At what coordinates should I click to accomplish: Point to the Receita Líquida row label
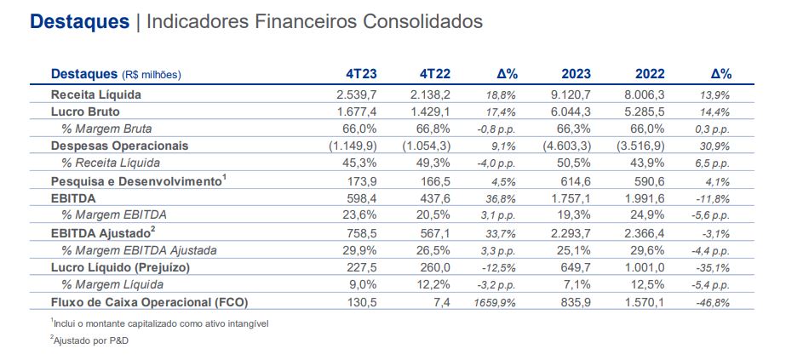tap(95, 94)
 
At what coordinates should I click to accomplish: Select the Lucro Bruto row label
tap(85, 111)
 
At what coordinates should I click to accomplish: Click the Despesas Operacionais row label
tap(119, 146)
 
